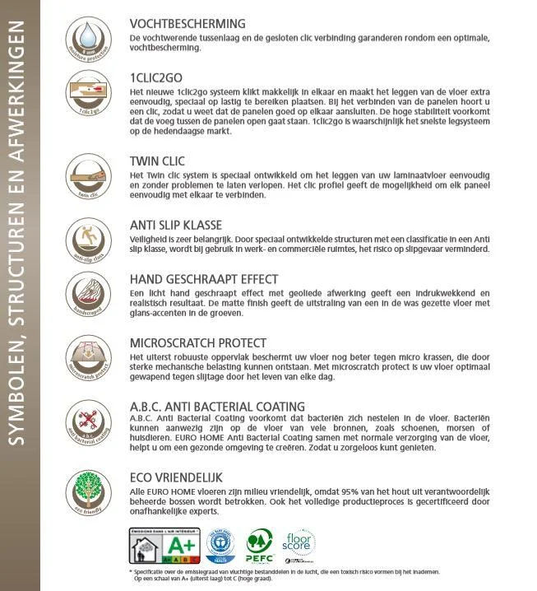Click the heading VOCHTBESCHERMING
187,24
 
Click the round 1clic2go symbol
88,91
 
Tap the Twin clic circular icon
88,176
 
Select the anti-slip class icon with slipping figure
88,240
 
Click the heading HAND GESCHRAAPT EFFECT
204,279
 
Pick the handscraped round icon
88,294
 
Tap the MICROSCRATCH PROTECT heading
198,342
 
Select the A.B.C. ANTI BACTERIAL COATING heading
217,407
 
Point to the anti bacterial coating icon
88,421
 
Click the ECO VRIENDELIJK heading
176,477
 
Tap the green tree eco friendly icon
88,491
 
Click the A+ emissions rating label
164,545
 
